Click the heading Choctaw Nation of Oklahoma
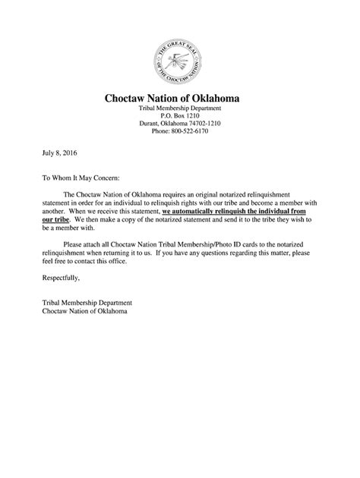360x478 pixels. tap(179, 97)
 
